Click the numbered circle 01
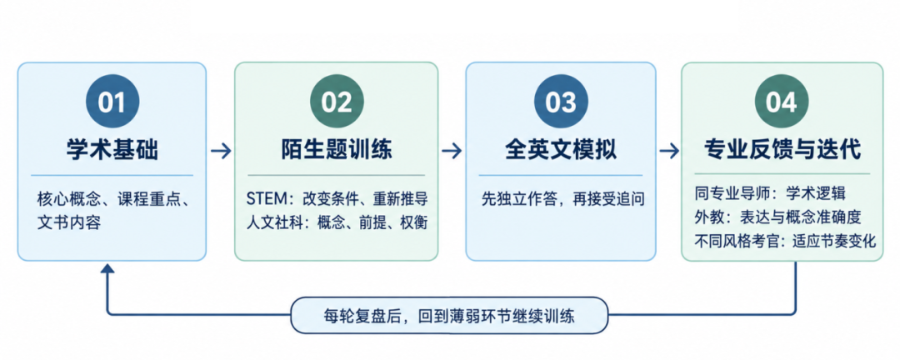(112, 102)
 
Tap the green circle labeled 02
(337, 102)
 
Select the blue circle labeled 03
(560, 102)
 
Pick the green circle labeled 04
(782, 102)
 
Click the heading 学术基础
(112, 150)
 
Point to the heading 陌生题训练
(337, 150)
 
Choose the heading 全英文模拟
(561, 150)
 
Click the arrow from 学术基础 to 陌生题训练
(220, 151)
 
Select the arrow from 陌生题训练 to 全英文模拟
(452, 151)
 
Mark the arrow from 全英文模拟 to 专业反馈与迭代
(668, 151)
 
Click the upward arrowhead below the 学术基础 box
(107, 268)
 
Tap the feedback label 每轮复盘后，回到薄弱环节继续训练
(449, 315)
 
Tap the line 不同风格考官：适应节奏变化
(785, 241)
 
